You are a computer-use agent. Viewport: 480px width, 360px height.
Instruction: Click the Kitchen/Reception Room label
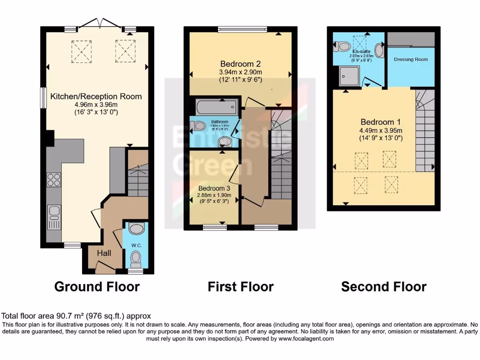click(x=96, y=97)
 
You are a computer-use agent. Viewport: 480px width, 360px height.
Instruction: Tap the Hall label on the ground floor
click(x=104, y=253)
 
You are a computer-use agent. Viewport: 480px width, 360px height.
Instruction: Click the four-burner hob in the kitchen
click(x=54, y=180)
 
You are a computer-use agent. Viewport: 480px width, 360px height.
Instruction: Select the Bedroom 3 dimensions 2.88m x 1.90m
click(x=213, y=195)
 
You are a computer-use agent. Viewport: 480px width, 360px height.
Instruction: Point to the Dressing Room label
click(x=411, y=60)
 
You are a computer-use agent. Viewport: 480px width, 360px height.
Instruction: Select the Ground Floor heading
click(x=97, y=286)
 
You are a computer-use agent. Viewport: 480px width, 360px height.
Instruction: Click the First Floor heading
click(x=240, y=286)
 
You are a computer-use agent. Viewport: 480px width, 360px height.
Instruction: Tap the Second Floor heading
click(x=383, y=286)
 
